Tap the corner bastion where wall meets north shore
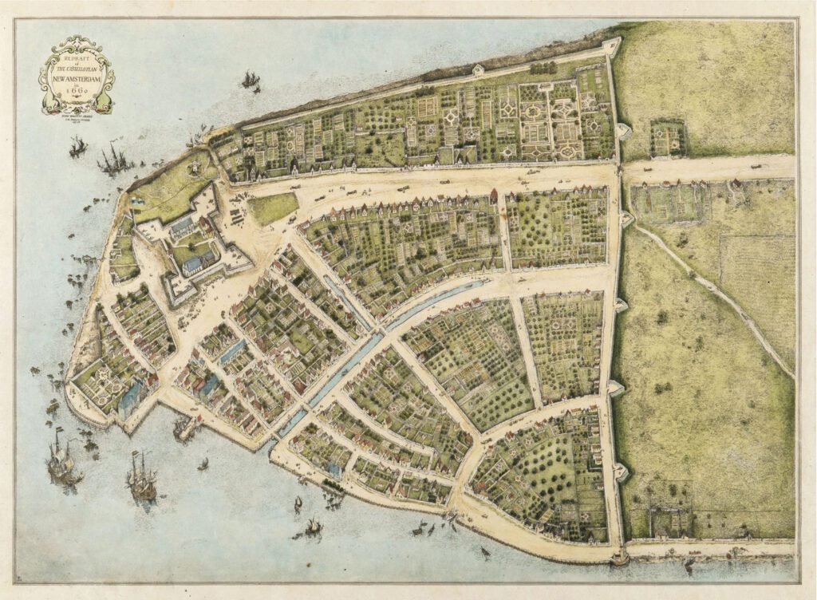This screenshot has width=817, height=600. coord(612,46)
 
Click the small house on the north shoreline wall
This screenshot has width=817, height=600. coord(476,69)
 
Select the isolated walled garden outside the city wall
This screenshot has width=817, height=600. coord(668,139)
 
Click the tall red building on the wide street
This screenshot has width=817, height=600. coord(494,196)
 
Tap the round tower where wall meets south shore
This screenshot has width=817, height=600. coord(618,556)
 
